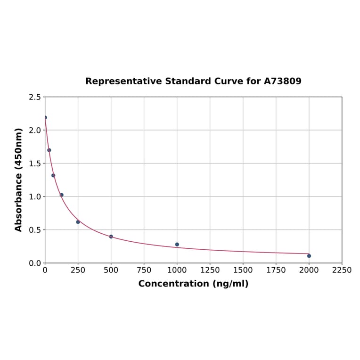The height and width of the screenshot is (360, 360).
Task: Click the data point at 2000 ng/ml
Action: [309, 256]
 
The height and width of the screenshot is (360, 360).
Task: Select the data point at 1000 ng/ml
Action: [177, 245]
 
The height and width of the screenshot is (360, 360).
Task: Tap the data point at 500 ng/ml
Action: [111, 237]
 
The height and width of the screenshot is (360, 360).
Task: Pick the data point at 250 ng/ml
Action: [78, 222]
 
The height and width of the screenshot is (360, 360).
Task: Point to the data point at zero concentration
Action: [45, 117]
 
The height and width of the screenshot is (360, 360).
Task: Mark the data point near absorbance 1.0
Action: [61, 195]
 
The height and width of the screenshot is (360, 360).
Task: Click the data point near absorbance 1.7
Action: [49, 150]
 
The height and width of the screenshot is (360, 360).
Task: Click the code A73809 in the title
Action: [282, 81]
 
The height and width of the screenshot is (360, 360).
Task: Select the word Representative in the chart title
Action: [123, 81]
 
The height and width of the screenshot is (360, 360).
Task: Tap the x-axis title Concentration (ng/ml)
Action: [193, 284]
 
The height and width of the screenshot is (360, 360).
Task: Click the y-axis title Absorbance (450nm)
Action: [18, 180]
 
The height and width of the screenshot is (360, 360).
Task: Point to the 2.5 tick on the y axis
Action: [35, 97]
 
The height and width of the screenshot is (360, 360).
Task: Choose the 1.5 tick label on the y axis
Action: [35, 164]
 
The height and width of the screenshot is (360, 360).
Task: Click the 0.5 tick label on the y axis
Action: [35, 230]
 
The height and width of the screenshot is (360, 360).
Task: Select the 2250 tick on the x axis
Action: [342, 270]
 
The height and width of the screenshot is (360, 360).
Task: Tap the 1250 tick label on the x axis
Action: [210, 270]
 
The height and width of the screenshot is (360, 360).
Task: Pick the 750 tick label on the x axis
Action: [144, 270]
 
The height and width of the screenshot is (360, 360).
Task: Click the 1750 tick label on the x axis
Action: [276, 270]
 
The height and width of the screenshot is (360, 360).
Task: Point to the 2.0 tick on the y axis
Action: [35, 130]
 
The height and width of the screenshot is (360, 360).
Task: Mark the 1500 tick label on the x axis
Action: [243, 270]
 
